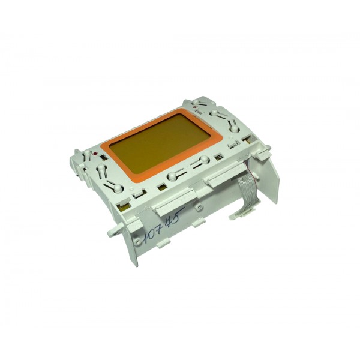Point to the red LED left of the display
click(x=94, y=154)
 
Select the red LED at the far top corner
click(x=195, y=107)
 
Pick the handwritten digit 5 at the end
click(x=180, y=214)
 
